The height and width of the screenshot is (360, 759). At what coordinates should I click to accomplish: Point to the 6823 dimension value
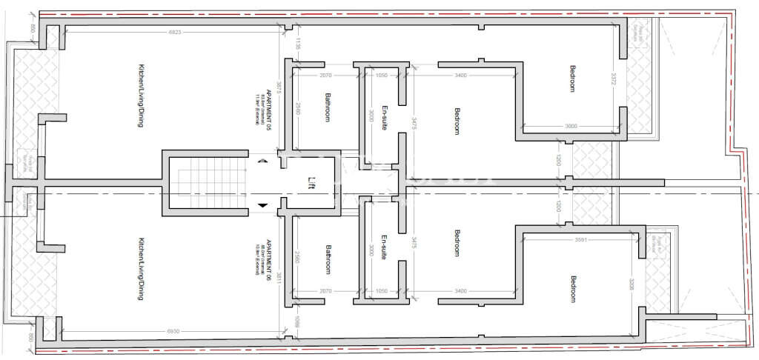[176, 33]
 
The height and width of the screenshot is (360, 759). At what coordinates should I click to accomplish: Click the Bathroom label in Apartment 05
[327, 107]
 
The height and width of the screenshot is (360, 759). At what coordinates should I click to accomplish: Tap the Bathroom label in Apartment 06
[327, 260]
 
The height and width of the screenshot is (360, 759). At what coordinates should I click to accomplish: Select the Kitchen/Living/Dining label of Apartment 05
[140, 96]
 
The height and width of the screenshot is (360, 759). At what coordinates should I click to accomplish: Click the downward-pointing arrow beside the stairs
[261, 205]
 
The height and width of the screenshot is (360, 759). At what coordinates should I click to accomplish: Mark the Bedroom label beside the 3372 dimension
[572, 79]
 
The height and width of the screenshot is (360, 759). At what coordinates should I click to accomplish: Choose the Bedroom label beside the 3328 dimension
[572, 289]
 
